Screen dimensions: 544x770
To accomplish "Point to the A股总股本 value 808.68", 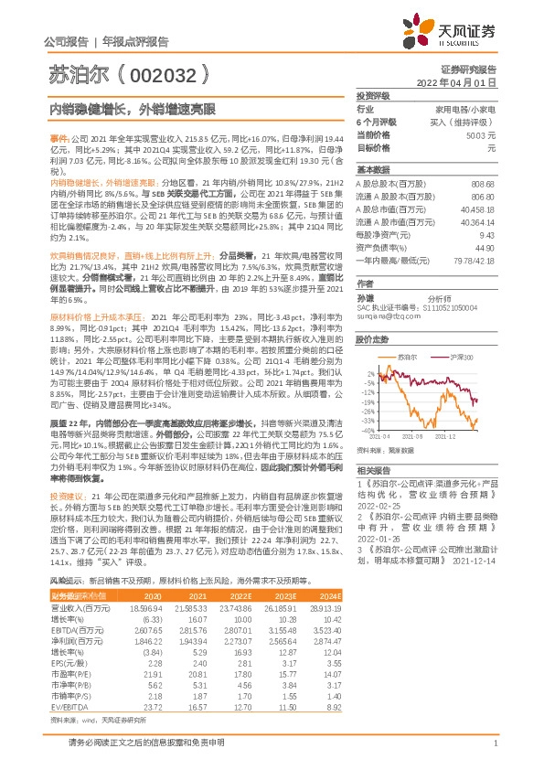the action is click(x=483, y=185).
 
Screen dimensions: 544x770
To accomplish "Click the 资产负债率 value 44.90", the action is click(x=485, y=248).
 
